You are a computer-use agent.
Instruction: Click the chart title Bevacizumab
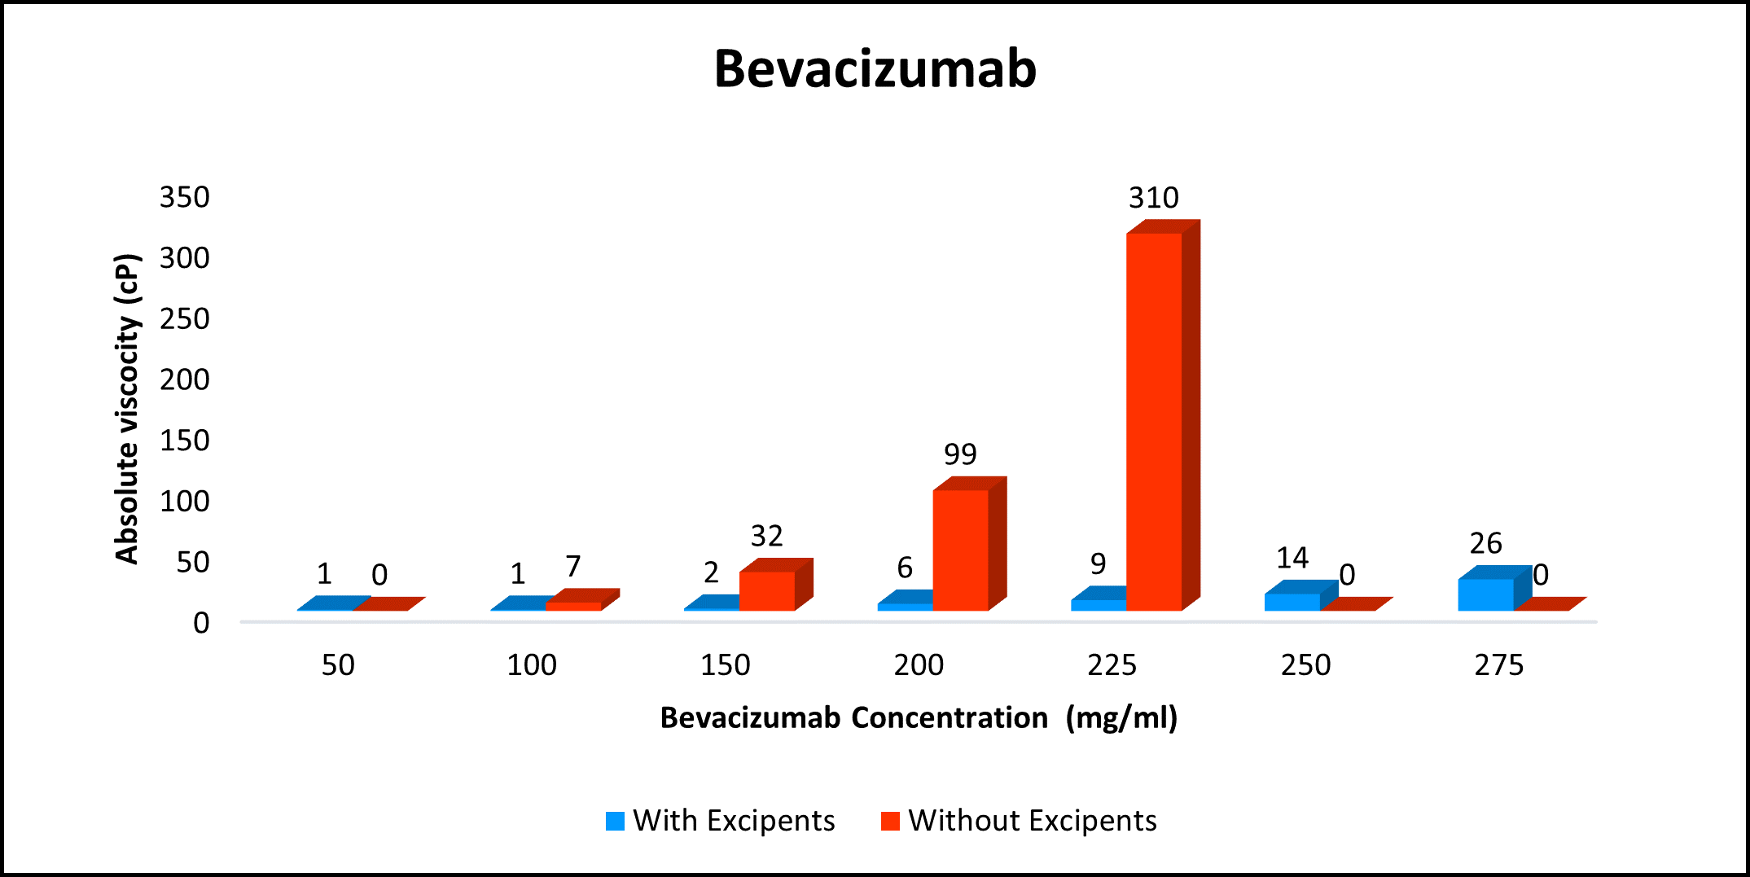click(x=875, y=68)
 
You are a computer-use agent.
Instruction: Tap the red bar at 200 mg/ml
click(x=961, y=550)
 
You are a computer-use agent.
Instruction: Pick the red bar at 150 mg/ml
click(x=767, y=590)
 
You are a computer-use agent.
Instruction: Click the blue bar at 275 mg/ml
click(x=1485, y=594)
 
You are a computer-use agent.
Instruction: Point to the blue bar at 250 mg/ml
click(x=1292, y=602)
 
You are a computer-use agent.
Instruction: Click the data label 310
click(x=1153, y=198)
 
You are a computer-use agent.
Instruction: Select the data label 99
click(x=960, y=454)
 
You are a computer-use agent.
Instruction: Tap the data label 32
click(x=766, y=537)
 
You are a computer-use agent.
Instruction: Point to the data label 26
click(x=1485, y=543)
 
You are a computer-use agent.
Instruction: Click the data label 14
click(x=1292, y=559)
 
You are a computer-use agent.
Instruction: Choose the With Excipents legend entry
click(x=721, y=821)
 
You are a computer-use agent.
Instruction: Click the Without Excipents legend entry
click(x=1020, y=821)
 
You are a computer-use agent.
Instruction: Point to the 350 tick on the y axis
click(x=185, y=197)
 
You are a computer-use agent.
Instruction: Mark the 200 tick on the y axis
click(x=185, y=379)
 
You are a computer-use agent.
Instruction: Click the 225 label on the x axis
click(x=1112, y=665)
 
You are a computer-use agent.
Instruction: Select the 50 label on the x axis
click(x=338, y=665)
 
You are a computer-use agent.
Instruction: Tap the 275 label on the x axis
click(x=1498, y=665)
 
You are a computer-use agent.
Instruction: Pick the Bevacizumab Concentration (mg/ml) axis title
click(x=919, y=718)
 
